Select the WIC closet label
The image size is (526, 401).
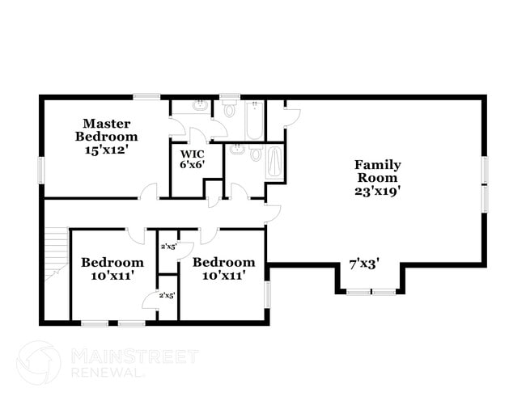pyautogui.click(x=192, y=154)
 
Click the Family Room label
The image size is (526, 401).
pyautogui.click(x=377, y=171)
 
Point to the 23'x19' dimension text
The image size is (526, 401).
pyautogui.click(x=377, y=192)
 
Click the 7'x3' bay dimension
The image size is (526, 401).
pyautogui.click(x=364, y=263)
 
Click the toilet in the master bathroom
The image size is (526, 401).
pyautogui.click(x=229, y=110)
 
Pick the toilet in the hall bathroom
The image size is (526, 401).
pyautogui.click(x=256, y=153)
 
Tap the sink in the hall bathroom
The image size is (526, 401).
pyautogui.click(x=238, y=150)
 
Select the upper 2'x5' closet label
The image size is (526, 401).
pyautogui.click(x=168, y=247)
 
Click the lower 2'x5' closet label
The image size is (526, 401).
pyautogui.click(x=168, y=295)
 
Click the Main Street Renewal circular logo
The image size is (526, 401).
pyautogui.click(x=38, y=361)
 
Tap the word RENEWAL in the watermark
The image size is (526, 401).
pyautogui.click(x=108, y=372)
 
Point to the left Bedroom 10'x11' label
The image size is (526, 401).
pyautogui.click(x=112, y=268)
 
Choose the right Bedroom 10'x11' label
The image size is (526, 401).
pyautogui.click(x=223, y=268)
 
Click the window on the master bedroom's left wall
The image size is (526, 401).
pyautogui.click(x=40, y=171)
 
